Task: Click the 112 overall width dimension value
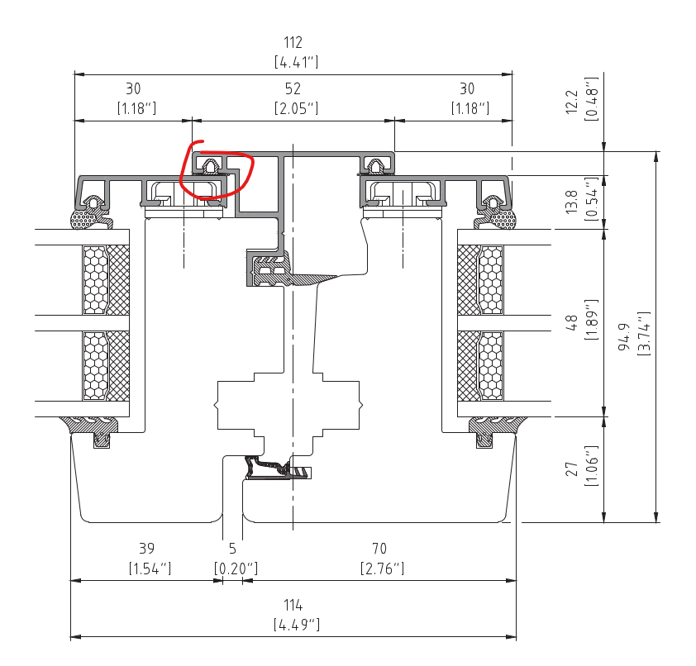(x=293, y=43)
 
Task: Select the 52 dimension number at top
(x=293, y=88)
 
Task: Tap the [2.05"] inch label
(x=296, y=108)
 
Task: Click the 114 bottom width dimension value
(x=293, y=605)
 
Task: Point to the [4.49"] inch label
(x=296, y=625)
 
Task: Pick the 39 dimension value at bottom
(x=147, y=549)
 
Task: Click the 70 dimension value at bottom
(x=379, y=549)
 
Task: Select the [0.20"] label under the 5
(x=236, y=568)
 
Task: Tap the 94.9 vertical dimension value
(x=624, y=336)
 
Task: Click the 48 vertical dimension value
(x=572, y=322)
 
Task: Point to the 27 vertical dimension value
(x=572, y=469)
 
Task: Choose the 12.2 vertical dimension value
(x=572, y=102)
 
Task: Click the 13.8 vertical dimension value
(x=572, y=202)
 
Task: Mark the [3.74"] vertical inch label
(x=644, y=334)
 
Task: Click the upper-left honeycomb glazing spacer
(x=95, y=280)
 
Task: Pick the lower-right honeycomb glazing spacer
(x=491, y=365)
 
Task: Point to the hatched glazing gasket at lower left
(x=91, y=427)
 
